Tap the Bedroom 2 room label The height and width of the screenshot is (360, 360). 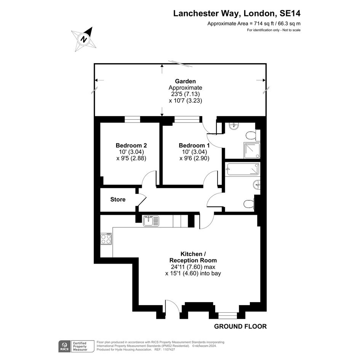coord(131,145)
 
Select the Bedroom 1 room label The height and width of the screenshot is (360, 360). coord(194,145)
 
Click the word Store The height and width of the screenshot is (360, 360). coord(118,199)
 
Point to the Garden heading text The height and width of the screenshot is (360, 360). coord(185,81)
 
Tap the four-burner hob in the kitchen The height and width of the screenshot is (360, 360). coord(106,239)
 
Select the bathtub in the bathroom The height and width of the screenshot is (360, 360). coord(243,169)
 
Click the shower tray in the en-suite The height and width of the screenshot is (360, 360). coord(252,150)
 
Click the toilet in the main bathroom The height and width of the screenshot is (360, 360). coord(249,204)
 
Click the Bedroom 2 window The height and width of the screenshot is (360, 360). coord(133,119)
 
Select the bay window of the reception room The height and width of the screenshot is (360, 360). coord(227,315)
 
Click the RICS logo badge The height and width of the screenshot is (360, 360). coord(64,346)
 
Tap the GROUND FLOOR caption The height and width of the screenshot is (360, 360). coord(240,326)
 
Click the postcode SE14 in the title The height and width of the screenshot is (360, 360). coord(290,13)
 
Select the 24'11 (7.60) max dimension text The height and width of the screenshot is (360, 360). coord(193,267)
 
